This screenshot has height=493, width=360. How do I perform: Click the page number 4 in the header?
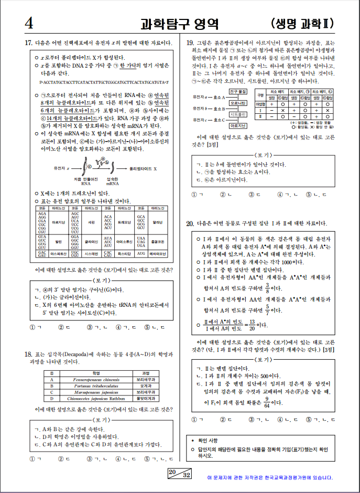28,24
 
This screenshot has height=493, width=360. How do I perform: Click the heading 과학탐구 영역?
179,24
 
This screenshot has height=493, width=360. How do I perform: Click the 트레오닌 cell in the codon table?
124,223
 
